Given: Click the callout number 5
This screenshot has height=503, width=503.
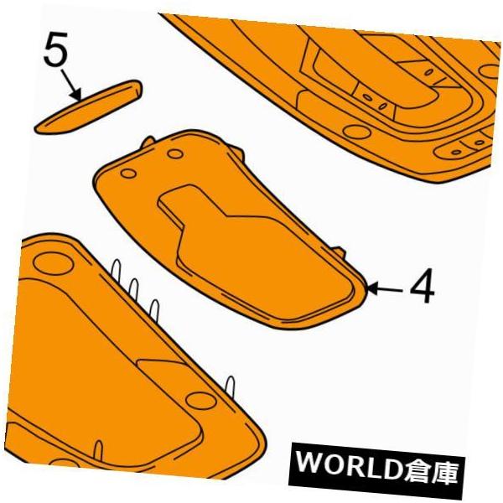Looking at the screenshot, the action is click(56, 49).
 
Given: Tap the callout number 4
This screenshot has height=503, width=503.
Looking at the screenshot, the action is click(423, 286).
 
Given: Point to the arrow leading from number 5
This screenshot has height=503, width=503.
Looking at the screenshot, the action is click(71, 86).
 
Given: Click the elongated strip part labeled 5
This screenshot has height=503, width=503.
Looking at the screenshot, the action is click(88, 106).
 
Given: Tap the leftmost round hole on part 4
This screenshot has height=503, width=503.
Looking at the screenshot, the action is click(128, 174).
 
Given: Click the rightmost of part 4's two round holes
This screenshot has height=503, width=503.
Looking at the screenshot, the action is click(175, 154).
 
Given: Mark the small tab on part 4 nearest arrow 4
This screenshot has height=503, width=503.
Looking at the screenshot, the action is click(339, 251).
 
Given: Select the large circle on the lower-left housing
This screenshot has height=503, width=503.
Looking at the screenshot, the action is click(54, 262).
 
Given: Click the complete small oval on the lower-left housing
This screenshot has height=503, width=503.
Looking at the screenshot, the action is click(200, 401).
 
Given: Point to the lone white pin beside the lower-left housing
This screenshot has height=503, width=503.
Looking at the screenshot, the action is click(231, 389).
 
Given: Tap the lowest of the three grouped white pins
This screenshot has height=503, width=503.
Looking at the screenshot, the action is click(155, 311).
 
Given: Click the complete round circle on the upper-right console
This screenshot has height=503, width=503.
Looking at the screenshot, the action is click(357, 132).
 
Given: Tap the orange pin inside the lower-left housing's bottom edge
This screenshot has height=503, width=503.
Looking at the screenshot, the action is click(99, 449).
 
